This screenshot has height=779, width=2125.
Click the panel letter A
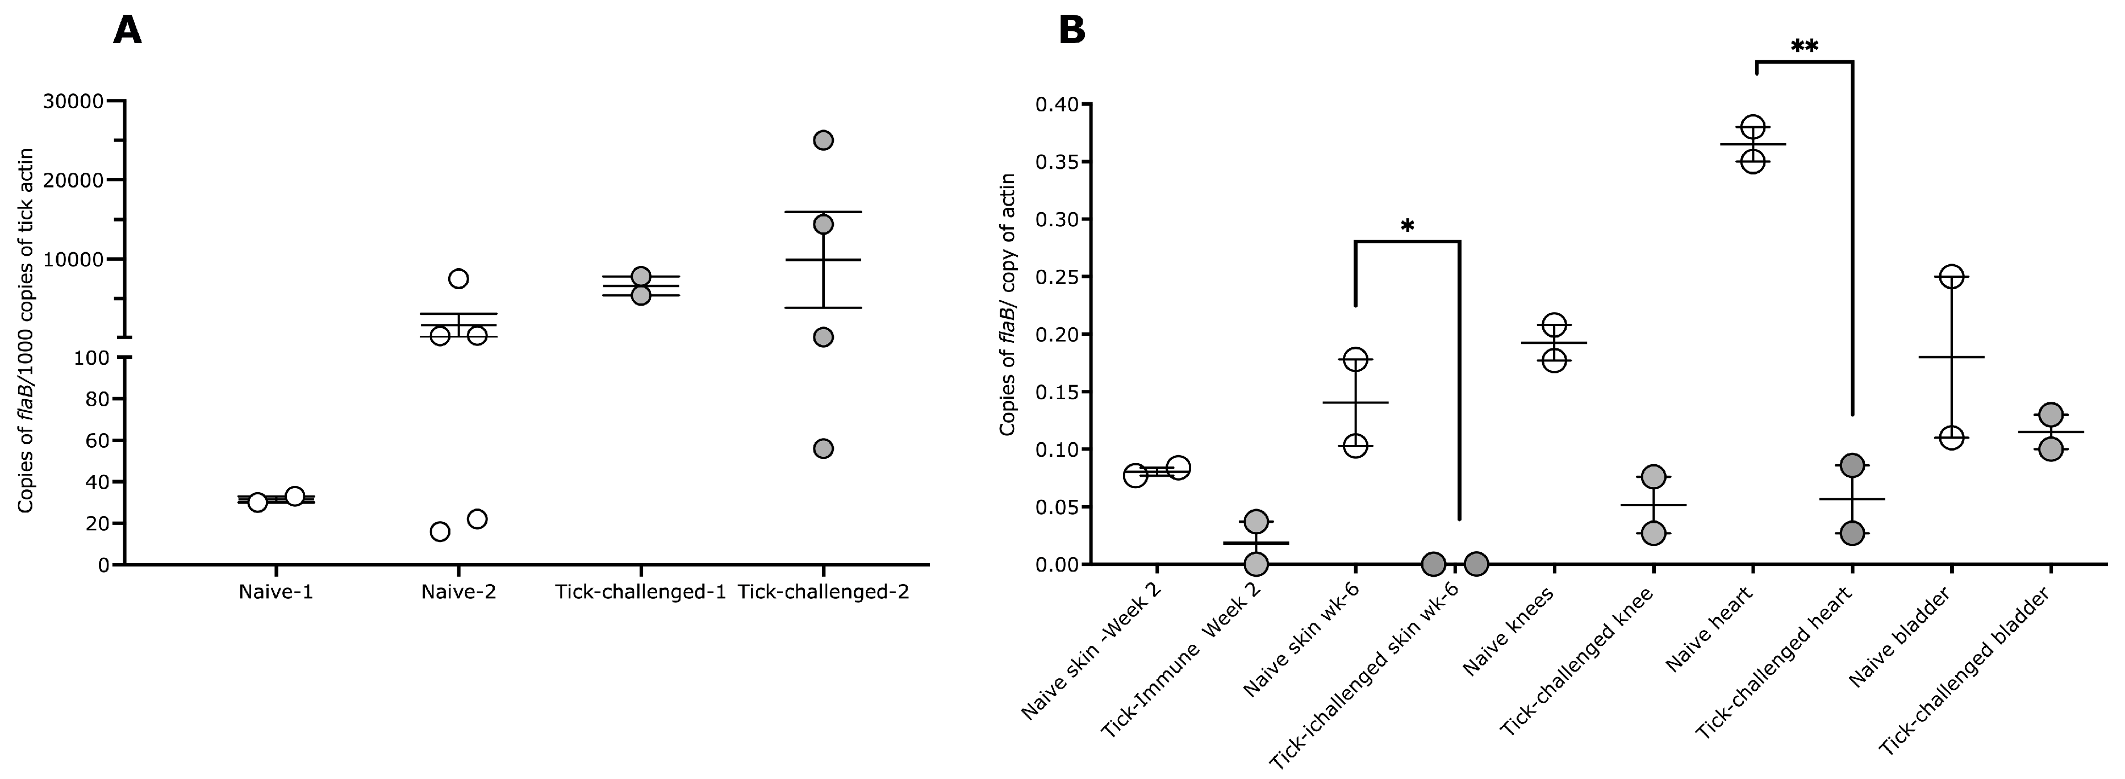point(127,31)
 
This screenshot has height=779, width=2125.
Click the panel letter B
point(1071,31)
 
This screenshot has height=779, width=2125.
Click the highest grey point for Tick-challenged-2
point(823,140)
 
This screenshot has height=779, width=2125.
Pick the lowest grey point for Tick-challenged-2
point(823,449)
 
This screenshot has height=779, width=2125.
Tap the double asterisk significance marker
point(1804,48)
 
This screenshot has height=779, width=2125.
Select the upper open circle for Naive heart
point(1754,128)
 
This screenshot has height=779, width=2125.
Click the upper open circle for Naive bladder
point(1951,277)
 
